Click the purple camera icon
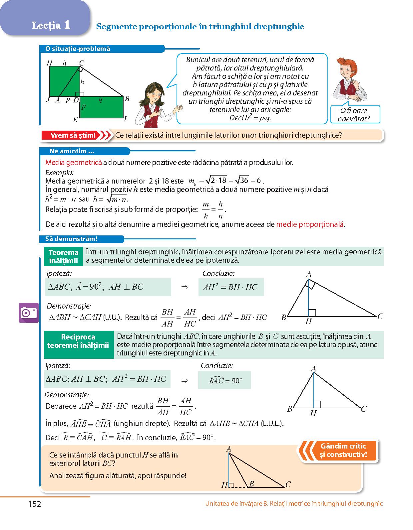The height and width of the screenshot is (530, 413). tap(29, 313)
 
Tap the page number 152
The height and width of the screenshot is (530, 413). tap(35, 504)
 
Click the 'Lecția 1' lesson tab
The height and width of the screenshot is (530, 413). tap(51, 26)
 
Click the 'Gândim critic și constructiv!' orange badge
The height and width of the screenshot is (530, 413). tap(343, 450)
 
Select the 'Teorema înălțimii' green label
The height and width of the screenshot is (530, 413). tap(63, 256)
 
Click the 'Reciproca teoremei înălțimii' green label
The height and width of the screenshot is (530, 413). tap(78, 341)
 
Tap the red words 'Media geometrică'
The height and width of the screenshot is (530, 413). tap(73, 163)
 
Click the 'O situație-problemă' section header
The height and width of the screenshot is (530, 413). tap(78, 49)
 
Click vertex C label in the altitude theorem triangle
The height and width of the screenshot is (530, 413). tap(380, 317)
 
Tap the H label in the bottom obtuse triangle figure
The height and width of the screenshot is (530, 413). tap(224, 485)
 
